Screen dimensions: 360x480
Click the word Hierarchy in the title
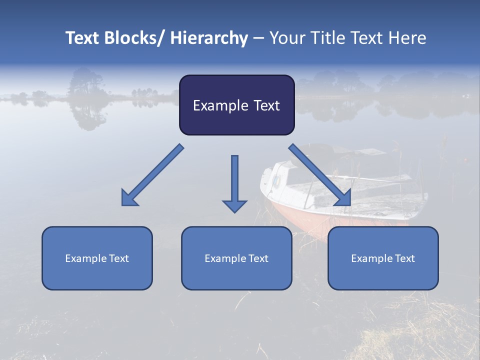209,38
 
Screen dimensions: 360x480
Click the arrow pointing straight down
234,180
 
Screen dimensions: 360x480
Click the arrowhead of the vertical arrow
234,205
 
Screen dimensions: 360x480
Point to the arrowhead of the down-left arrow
129,198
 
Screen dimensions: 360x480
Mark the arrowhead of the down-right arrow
344,198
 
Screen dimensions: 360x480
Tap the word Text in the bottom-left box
118,258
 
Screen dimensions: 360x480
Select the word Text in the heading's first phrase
83,38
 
